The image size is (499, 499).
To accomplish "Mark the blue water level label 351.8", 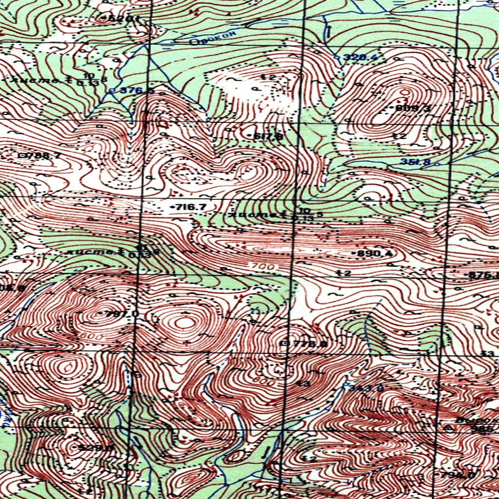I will point(415,162).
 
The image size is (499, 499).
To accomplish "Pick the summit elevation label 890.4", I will point(375,253).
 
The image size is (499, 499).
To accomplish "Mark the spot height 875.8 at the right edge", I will point(482,275).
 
